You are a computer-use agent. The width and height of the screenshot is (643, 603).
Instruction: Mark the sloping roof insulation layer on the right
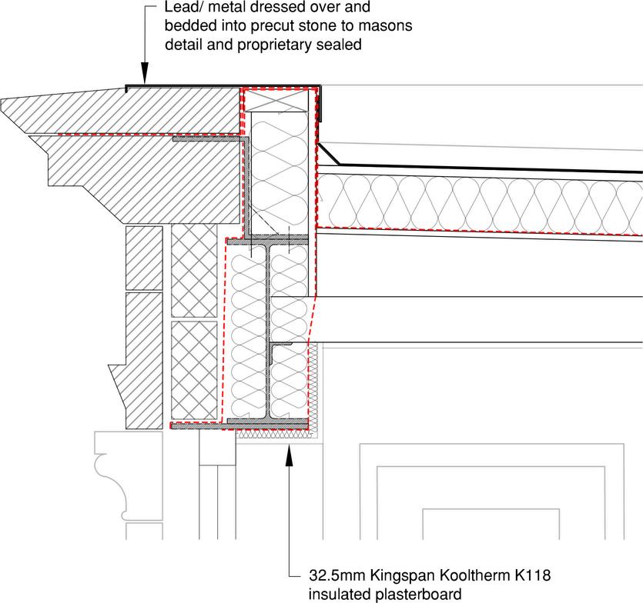(x=477, y=204)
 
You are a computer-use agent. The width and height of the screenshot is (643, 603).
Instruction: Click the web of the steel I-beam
(x=267, y=331)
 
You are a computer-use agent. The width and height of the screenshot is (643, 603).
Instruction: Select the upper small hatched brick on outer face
(x=144, y=257)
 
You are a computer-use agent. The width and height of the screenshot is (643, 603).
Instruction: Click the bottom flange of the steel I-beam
(x=267, y=424)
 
